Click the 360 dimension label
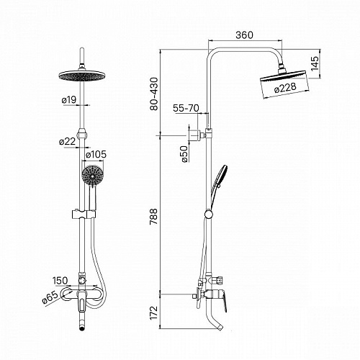coord(244,35)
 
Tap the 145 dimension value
coord(315,63)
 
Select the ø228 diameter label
coord(285,88)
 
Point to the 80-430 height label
coord(154,94)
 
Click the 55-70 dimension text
coord(186,108)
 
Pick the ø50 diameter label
coord(184,154)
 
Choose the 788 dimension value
coord(154,217)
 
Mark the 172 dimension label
coord(154,312)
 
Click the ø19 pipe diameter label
coord(69,99)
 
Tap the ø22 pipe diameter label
coord(68,141)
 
